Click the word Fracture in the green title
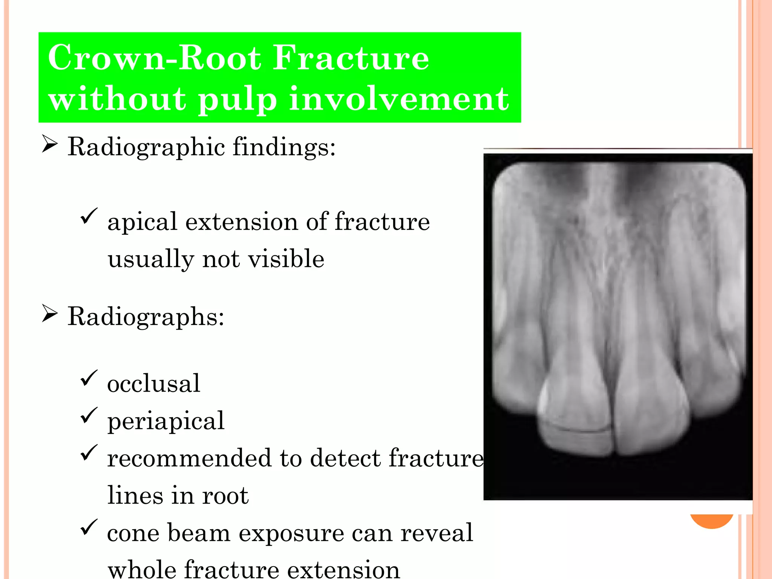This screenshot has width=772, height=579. [x=351, y=58]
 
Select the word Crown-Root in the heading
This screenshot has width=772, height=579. [x=154, y=58]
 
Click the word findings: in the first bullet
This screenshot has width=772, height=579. [x=284, y=147]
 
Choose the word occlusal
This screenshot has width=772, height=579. [x=153, y=384]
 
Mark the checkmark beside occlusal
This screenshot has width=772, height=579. [x=89, y=378]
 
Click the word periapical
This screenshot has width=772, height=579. [x=166, y=421]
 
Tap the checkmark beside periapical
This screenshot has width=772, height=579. [x=89, y=415]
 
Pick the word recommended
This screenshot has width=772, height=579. [x=188, y=458]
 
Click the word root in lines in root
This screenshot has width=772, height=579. [x=225, y=496]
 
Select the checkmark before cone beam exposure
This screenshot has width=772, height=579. [x=89, y=527]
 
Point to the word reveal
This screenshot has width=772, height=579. [x=437, y=533]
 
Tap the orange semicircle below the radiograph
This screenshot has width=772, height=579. [x=712, y=521]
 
